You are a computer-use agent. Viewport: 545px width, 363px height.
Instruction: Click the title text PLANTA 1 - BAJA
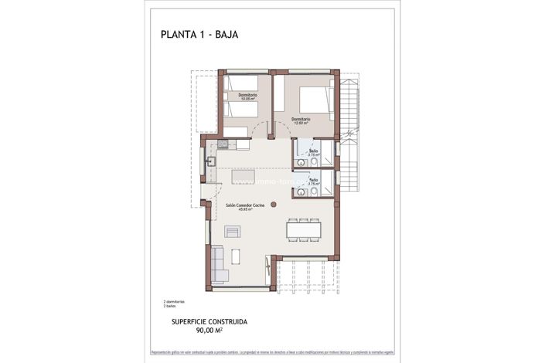[x=200, y=33]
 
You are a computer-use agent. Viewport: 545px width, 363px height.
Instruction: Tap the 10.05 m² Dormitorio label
[x=247, y=97]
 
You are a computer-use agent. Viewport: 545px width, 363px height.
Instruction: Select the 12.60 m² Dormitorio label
[x=301, y=120]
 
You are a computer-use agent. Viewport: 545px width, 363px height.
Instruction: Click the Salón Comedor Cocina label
[x=245, y=206]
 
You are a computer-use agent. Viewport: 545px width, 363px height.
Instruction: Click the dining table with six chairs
[x=303, y=229]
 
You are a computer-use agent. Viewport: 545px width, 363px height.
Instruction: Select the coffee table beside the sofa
[x=233, y=232]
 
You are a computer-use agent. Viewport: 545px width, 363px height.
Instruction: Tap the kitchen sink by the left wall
[x=210, y=162]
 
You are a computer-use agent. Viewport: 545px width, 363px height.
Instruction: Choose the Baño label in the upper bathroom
[x=313, y=152]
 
